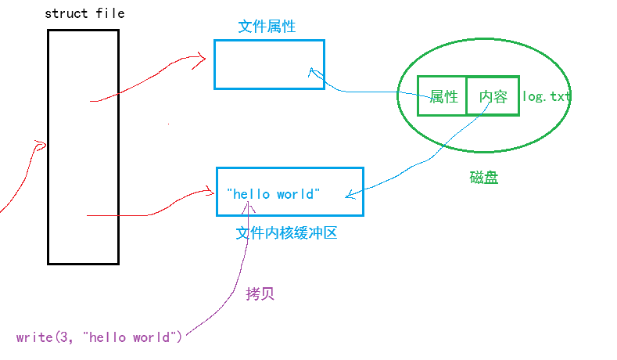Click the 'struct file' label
click(x=84, y=13)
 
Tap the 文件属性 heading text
click(x=267, y=27)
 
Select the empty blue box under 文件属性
click(x=269, y=64)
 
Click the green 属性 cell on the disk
click(x=443, y=96)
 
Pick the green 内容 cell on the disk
click(x=493, y=96)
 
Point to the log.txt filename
click(x=546, y=97)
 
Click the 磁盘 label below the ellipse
click(x=484, y=178)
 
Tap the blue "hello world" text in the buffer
click(x=273, y=194)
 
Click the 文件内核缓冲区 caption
click(x=286, y=233)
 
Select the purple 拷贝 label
click(x=260, y=293)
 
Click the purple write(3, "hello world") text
click(x=99, y=337)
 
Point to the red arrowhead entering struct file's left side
click(x=42, y=145)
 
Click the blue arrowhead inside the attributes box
click(x=311, y=72)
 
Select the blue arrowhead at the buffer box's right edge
click(x=348, y=196)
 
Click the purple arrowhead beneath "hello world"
click(x=249, y=206)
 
